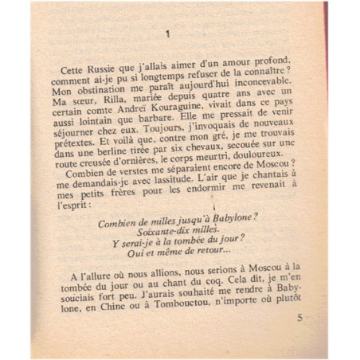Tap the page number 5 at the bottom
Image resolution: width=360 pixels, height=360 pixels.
(x=299, y=318)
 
